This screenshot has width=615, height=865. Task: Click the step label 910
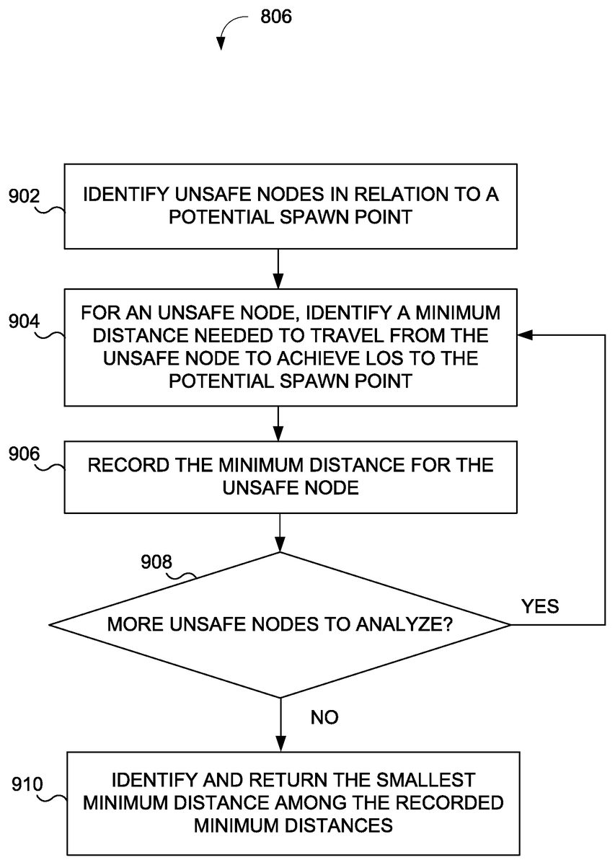tap(26, 784)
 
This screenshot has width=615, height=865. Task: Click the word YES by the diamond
tap(539, 606)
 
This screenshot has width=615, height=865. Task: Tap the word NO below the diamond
tap(324, 717)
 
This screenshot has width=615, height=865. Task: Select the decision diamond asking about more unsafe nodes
tap(280, 624)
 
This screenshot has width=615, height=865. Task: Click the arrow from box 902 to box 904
tap(280, 270)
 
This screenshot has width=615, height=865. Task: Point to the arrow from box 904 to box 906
tap(280, 424)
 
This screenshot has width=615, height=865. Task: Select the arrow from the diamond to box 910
tap(280, 724)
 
